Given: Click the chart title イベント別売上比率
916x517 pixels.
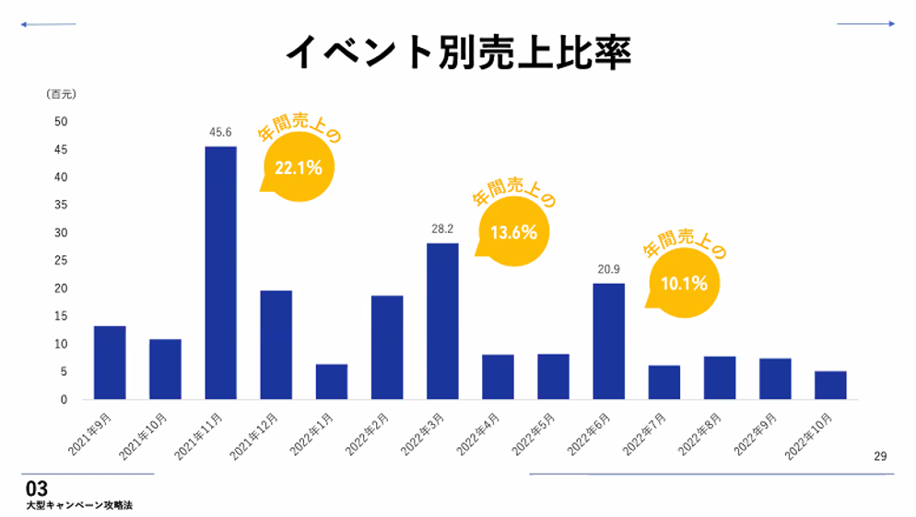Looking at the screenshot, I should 458,53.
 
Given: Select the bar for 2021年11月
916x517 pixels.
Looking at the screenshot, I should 220,272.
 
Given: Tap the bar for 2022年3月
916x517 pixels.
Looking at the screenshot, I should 442,321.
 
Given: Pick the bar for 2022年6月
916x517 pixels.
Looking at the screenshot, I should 608,341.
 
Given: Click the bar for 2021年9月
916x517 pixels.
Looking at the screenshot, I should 110,362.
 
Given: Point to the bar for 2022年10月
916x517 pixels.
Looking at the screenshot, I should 830,384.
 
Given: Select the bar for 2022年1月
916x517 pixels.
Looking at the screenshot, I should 332,381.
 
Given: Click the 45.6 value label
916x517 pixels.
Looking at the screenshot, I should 220,133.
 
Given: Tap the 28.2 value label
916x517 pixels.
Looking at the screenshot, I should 442,229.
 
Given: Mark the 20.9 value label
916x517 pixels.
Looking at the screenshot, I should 608,270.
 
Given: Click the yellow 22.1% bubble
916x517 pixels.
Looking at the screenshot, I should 298,168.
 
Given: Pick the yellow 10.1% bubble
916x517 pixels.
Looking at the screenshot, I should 684,283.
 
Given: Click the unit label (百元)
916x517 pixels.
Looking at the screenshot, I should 61,94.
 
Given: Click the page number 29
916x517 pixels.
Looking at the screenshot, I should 880,456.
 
